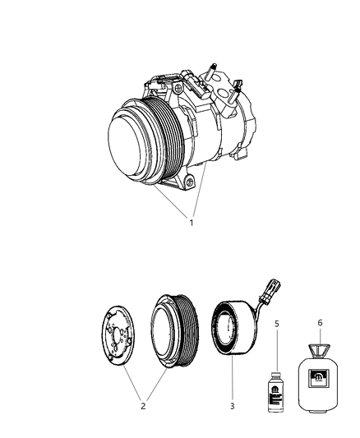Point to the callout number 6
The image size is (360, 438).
coord(321,323)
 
